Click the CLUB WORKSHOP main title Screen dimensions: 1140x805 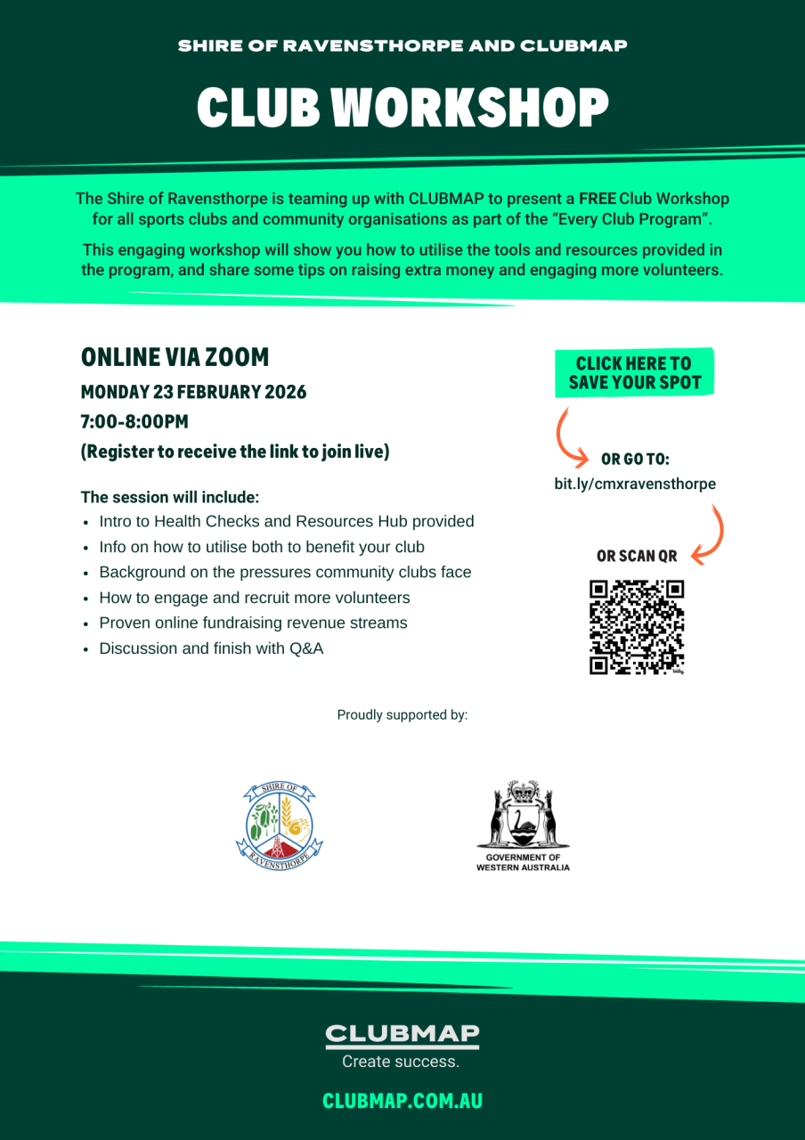click(x=402, y=109)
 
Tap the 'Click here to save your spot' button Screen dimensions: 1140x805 click(x=634, y=373)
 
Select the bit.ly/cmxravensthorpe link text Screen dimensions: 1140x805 click(x=634, y=484)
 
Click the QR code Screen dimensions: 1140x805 click(x=637, y=627)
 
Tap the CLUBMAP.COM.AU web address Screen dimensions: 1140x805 click(x=402, y=1101)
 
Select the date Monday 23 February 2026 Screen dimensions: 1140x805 click(x=193, y=392)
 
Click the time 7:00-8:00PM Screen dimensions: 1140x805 click(x=134, y=421)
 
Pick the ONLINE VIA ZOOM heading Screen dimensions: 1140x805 click(x=175, y=357)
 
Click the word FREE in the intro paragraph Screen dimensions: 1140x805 click(x=597, y=199)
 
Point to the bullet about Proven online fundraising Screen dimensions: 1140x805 click(x=253, y=623)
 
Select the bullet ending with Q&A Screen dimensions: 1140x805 click(x=211, y=648)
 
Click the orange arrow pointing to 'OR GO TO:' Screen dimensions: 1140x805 click(x=569, y=436)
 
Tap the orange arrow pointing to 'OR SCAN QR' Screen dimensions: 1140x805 click(x=710, y=533)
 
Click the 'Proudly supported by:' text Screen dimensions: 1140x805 click(x=402, y=714)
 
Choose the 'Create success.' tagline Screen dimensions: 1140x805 click(x=401, y=1062)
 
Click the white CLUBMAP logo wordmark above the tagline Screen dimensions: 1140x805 click(x=402, y=1035)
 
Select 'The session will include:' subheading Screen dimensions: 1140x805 click(x=170, y=496)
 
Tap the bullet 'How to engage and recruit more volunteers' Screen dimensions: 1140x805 click(x=255, y=598)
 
